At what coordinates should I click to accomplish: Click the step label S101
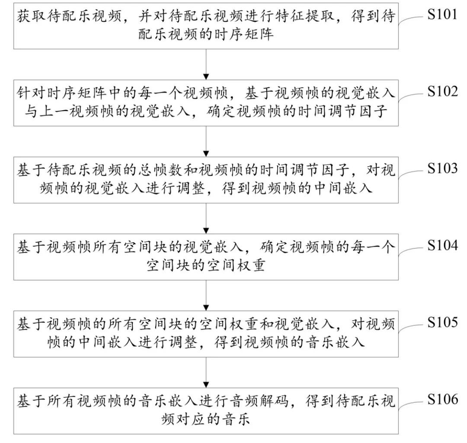[442, 14]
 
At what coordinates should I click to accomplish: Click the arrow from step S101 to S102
[206, 64]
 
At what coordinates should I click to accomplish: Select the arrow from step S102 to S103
[206, 141]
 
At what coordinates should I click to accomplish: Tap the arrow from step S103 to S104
[206, 218]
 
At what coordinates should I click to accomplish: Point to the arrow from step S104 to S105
[206, 295]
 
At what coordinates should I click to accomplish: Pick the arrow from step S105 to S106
[206, 372]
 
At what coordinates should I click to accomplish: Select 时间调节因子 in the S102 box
[342, 112]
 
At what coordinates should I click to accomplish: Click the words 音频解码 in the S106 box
[259, 401]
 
